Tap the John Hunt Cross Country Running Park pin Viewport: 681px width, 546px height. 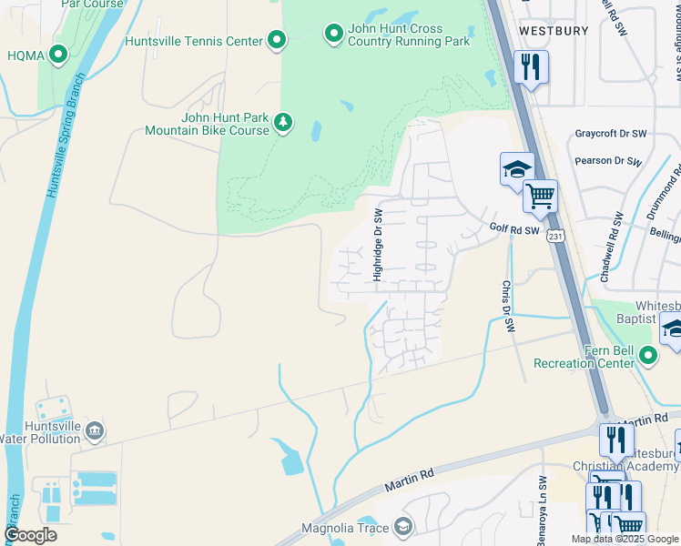[333, 35]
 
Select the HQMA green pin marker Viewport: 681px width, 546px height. [59, 56]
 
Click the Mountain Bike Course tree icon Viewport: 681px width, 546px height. [283, 123]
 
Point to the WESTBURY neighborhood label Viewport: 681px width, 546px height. [554, 31]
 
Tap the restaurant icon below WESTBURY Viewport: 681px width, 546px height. [531, 66]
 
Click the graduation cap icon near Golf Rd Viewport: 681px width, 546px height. [516, 168]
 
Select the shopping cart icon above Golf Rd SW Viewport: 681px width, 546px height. [541, 196]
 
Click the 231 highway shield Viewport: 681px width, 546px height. [557, 236]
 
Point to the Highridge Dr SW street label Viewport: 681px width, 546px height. [377, 243]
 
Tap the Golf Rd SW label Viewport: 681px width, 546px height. [514, 231]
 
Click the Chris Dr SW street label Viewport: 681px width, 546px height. [508, 306]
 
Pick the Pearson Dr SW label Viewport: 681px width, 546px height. [608, 161]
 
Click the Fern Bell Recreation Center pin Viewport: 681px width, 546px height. [647, 356]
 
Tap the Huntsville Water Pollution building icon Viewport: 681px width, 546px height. [95, 430]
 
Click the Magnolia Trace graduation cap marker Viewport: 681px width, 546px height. [402, 528]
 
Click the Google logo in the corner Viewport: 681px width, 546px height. [30, 535]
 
